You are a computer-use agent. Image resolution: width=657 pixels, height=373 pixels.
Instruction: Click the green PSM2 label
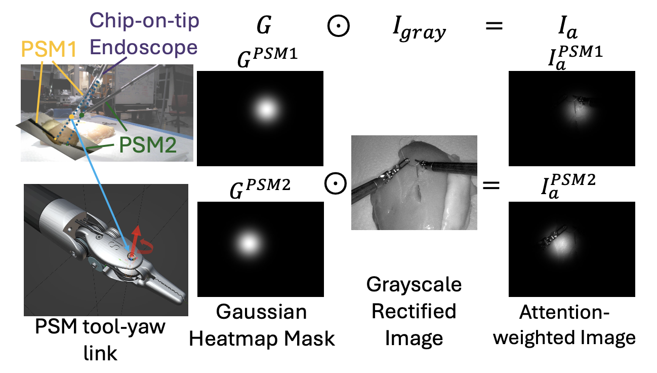(147, 145)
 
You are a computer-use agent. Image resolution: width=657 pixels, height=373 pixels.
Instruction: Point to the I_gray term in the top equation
(419, 31)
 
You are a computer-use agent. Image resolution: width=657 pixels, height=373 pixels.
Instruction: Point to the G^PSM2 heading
(259, 190)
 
